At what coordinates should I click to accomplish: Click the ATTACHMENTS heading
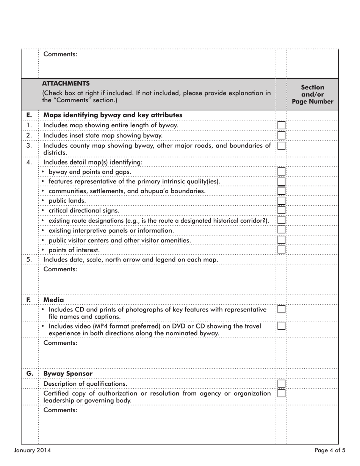point(66,83)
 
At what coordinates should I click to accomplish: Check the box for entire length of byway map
point(281,125)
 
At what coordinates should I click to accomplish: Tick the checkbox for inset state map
point(281,135)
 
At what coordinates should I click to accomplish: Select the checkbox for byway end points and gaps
point(281,172)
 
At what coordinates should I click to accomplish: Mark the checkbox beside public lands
point(281,200)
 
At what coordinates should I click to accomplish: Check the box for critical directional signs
point(281,210)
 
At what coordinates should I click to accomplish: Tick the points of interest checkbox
point(281,249)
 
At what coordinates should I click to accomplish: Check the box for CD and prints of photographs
point(281,309)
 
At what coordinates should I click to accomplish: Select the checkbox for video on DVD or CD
point(281,326)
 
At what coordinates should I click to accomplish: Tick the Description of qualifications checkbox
point(281,383)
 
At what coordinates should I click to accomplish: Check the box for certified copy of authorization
point(281,393)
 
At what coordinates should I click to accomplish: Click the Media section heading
point(54,300)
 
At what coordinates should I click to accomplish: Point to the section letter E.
point(29,115)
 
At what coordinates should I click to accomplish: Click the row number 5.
point(29,260)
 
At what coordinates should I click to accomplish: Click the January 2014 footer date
point(32,450)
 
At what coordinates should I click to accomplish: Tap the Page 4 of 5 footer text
point(330,450)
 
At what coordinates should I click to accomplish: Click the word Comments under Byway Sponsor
point(60,410)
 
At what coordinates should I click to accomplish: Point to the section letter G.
point(30,374)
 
